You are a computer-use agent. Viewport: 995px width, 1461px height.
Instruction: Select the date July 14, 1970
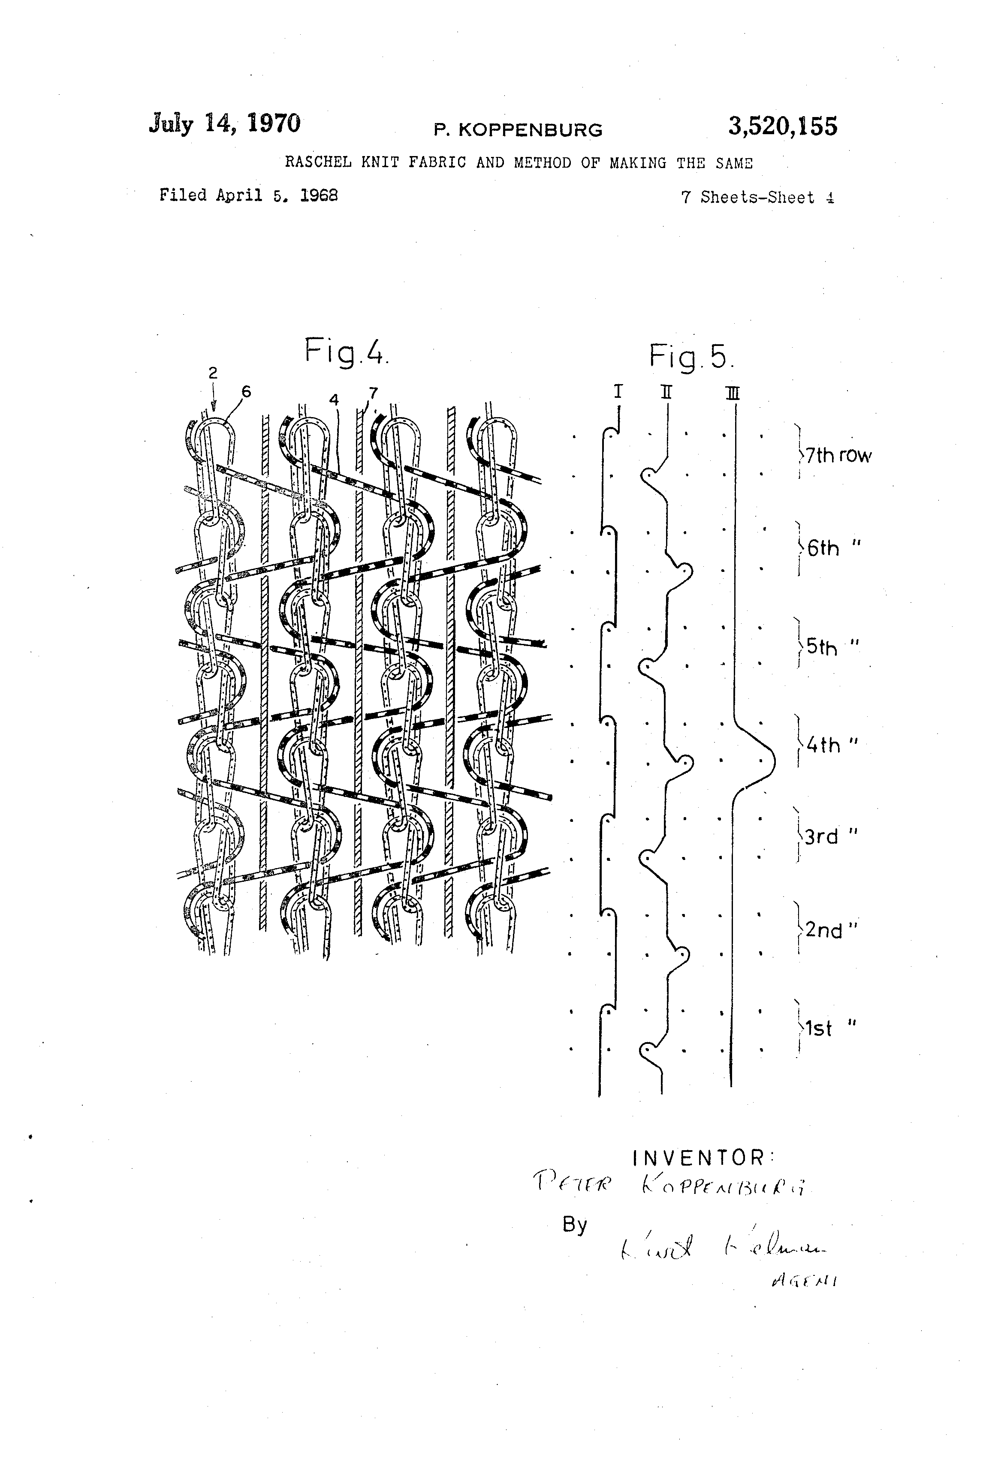coord(225,123)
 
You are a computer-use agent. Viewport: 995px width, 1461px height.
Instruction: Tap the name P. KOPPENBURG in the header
coord(518,130)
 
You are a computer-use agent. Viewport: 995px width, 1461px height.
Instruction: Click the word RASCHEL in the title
coord(318,163)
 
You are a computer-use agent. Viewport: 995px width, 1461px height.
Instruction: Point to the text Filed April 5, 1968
coord(248,195)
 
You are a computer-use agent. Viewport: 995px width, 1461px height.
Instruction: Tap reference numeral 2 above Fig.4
coord(213,373)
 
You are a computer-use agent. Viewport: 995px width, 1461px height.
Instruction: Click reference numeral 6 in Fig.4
coord(246,392)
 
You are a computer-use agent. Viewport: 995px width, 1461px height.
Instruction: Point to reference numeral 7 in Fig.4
coord(374,393)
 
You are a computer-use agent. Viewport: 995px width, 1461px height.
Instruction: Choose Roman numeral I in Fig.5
coord(618,392)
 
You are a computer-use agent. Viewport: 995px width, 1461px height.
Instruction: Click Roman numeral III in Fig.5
coord(732,394)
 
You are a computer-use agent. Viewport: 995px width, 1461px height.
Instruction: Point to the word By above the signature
coord(574,1225)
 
